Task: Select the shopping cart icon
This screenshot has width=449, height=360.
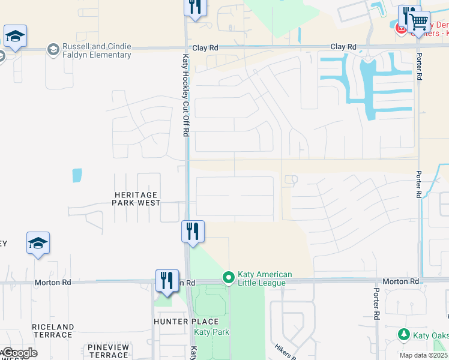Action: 420,23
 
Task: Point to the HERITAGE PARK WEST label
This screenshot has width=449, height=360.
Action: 136,199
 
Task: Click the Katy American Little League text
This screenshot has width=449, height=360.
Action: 265,278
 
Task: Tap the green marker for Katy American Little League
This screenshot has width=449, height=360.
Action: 228,277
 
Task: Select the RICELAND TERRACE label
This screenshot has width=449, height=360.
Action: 53,331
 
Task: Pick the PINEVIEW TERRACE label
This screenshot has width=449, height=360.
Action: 109,351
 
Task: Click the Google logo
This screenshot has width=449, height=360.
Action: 19,353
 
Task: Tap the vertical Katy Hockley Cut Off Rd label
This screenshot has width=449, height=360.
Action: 185,96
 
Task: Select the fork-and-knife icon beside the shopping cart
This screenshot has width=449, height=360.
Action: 408,16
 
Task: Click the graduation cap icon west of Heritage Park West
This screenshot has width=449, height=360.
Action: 38,243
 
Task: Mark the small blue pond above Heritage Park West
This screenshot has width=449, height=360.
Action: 77,175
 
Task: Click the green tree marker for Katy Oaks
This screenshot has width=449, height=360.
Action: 405,334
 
